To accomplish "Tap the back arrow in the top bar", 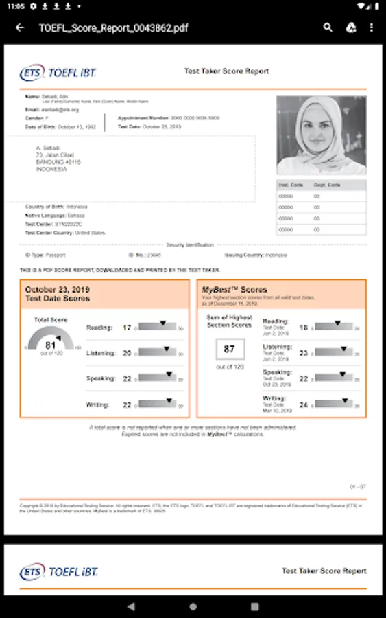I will tap(20, 28).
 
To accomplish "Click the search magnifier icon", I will tap(328, 28).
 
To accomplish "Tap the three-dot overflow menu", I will tap(372, 28).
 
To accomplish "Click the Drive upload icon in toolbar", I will tap(350, 28).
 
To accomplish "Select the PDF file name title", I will tap(113, 28).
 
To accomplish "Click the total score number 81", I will tap(51, 345).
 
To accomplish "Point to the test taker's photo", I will tap(321, 135).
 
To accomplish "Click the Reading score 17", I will tap(127, 328).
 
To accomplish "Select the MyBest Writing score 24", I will tap(304, 404).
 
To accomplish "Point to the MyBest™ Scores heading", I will tap(234, 290).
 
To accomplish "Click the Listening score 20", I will tap(127, 353).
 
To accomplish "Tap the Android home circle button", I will tap(193, 607).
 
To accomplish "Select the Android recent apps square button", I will tap(254, 607).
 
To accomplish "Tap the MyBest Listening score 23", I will tap(304, 353).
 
